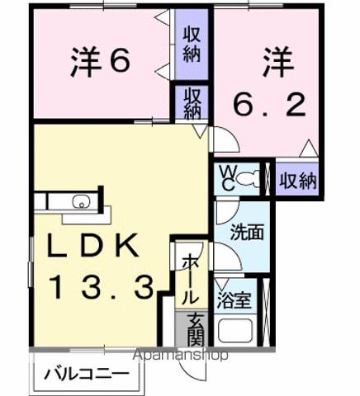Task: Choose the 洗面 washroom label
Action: point(247,232)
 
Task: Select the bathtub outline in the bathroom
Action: point(235,329)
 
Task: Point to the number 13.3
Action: point(100,288)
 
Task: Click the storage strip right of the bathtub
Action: point(266,313)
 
